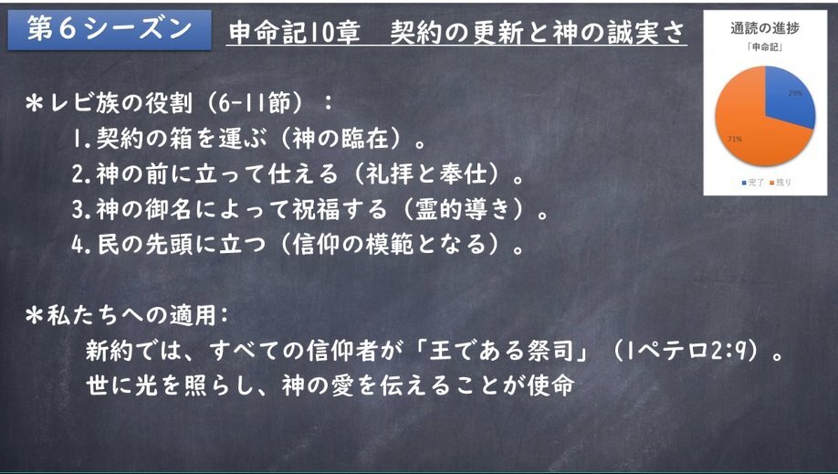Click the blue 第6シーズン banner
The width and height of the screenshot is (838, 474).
[x=110, y=30]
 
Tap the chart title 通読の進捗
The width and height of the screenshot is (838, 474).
[x=765, y=28]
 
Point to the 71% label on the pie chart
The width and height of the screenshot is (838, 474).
[x=734, y=139]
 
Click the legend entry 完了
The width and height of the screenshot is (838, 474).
[x=752, y=183]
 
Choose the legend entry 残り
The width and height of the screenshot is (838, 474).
[x=780, y=183]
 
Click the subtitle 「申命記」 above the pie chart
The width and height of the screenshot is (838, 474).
[x=765, y=47]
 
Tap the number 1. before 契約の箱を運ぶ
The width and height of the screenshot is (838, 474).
[x=82, y=139]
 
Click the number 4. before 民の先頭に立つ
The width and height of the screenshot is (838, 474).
[x=82, y=245]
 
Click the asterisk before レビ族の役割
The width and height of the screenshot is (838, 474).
[x=34, y=103]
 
